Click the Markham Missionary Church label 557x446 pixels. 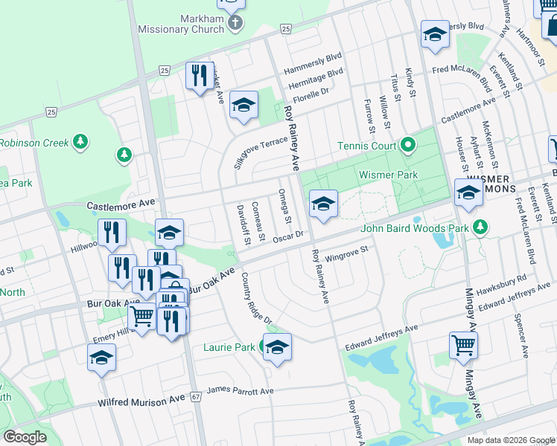click(181, 24)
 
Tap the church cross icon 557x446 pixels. click(235, 22)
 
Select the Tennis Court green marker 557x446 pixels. click(408, 144)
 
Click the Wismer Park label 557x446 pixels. click(389, 175)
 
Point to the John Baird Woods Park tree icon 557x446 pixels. click(482, 226)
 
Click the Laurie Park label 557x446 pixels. click(229, 347)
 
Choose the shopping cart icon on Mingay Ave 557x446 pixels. click(463, 346)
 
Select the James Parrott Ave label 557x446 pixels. click(241, 391)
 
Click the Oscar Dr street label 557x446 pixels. click(289, 236)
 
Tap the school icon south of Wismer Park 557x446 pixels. click(322, 204)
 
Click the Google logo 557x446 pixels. click(25, 437)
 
